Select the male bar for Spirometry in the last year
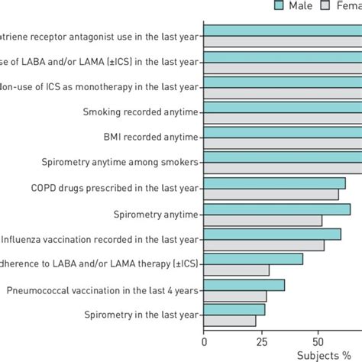[x=234, y=309]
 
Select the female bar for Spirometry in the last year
[x=230, y=321]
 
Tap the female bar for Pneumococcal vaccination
[x=235, y=296]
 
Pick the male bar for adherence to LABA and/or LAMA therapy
[x=254, y=259]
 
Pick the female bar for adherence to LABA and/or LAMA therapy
[x=237, y=270]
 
